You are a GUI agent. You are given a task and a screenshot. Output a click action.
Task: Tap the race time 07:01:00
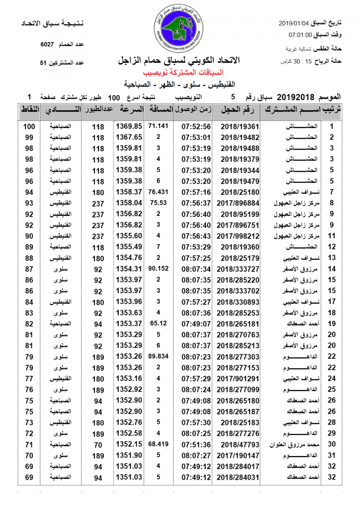pyautogui.click(x=301, y=35)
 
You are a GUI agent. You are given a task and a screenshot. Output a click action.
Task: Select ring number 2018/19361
pyautogui.click(x=240, y=126)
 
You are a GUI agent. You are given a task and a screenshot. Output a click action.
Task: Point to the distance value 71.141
pyautogui.click(x=158, y=126)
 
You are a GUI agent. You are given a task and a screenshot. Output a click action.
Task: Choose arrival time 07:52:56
pyautogui.click(x=196, y=126)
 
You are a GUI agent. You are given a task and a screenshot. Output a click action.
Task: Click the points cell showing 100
pyautogui.click(x=29, y=126)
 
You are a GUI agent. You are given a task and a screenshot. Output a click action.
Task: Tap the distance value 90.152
pyautogui.click(x=158, y=268)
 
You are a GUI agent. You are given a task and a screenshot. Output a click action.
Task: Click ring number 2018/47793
pyautogui.click(x=240, y=445)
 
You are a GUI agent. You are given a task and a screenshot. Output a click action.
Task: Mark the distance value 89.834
pyautogui.click(x=158, y=356)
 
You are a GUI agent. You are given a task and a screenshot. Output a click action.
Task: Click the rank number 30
pyautogui.click(x=332, y=445)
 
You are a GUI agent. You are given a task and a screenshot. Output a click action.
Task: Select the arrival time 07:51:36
pyautogui.click(x=196, y=445)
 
